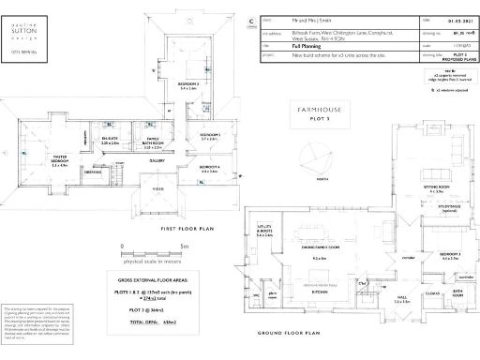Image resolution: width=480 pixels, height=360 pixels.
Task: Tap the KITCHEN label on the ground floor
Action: (318, 292)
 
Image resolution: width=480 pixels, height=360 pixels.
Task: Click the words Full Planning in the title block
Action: (308, 43)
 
